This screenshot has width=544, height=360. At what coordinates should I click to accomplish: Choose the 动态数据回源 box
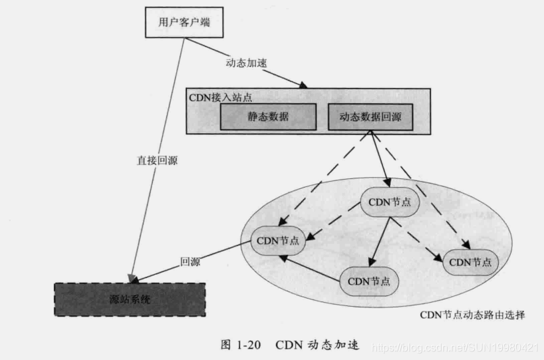pyautogui.click(x=370, y=118)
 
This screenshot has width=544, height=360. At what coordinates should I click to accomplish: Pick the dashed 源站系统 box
pyautogui.click(x=130, y=300)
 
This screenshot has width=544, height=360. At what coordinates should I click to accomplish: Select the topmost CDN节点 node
pyautogui.click(x=389, y=203)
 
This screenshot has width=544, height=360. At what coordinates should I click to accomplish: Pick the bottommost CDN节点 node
pyautogui.click(x=368, y=279)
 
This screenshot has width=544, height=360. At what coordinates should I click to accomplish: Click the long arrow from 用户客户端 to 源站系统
pyautogui.click(x=157, y=160)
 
